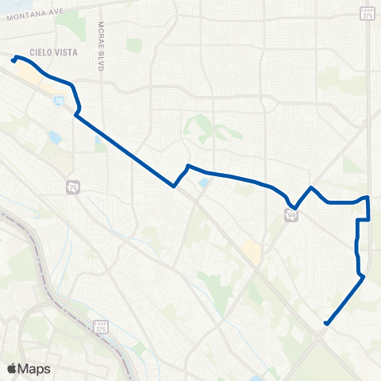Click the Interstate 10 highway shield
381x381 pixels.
click(x=60, y=101)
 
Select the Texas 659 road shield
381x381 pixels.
click(x=292, y=214)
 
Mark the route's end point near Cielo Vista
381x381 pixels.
click(x=13, y=60)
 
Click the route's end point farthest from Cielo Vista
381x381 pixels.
click(x=326, y=323)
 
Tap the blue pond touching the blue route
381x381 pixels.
click(x=205, y=183)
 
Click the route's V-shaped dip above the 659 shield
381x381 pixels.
click(x=295, y=206)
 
